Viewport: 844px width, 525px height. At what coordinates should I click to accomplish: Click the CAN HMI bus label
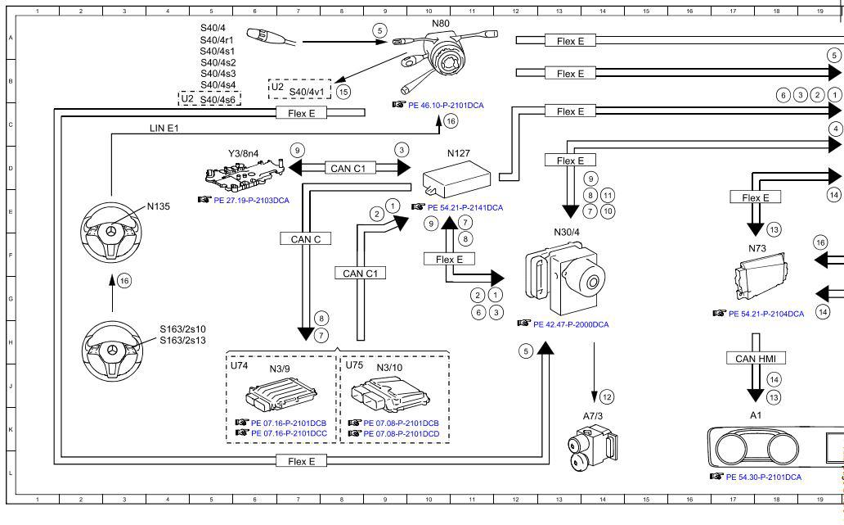coord(756,358)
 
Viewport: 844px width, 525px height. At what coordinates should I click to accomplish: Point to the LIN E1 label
coord(164,128)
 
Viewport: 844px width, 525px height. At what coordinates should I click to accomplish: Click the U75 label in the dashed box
coord(354,365)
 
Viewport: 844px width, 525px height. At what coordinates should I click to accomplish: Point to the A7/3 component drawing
coord(590,448)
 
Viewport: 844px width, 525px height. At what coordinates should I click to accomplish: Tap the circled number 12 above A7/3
coord(606,396)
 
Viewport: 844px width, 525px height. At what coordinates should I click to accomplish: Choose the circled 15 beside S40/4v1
coord(343,92)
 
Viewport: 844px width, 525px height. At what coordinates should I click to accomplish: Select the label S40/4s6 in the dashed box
coord(218,99)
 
